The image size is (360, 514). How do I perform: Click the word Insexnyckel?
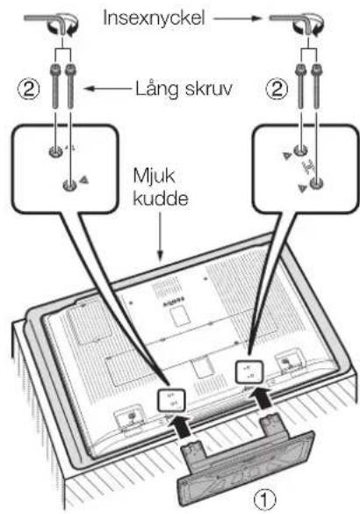[154, 18]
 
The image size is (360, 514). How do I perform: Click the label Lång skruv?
[184, 89]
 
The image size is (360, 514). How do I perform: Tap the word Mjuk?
[154, 177]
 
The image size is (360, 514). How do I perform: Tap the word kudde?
[161, 198]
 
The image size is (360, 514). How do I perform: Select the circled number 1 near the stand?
[265, 500]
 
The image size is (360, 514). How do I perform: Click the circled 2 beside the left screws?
[29, 89]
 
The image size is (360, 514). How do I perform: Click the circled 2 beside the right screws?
[277, 89]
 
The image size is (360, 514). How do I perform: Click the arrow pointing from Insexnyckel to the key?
[236, 18]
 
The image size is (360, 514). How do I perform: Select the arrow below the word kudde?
[160, 236]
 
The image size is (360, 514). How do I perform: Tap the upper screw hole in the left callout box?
[55, 151]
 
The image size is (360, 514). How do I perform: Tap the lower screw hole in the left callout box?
[69, 185]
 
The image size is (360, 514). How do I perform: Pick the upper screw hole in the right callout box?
[300, 150]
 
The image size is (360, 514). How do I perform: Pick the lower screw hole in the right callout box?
[316, 183]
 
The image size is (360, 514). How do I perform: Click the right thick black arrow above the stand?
[262, 398]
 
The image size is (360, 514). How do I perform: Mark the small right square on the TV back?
[249, 372]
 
